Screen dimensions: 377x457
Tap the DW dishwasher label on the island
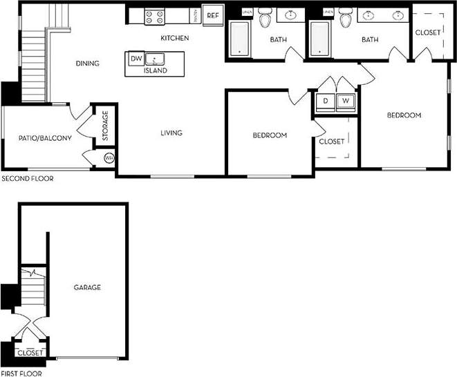pyautogui.click(x=136, y=59)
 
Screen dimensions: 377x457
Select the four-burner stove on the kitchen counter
pyautogui.click(x=153, y=17)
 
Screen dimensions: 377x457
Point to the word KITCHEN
pyautogui.click(x=175, y=38)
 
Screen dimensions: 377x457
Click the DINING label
pyautogui.click(x=88, y=64)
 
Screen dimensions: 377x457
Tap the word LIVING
pyautogui.click(x=171, y=133)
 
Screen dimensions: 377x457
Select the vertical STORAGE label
pyautogui.click(x=106, y=126)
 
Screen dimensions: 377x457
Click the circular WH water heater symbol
pyautogui.click(x=109, y=158)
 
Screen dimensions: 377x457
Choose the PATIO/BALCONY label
pyautogui.click(x=45, y=138)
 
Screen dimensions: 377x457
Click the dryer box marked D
pyautogui.click(x=326, y=101)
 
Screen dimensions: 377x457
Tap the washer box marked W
pyautogui.click(x=346, y=101)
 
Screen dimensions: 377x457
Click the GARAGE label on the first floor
pyautogui.click(x=88, y=287)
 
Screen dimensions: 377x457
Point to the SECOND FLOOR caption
pyautogui.click(x=27, y=178)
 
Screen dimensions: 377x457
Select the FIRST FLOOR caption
pyautogui.click(x=21, y=373)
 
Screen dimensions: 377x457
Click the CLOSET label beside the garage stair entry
pyautogui.click(x=30, y=352)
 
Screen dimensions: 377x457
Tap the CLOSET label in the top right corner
pyautogui.click(x=428, y=32)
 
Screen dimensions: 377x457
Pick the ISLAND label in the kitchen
pyautogui.click(x=155, y=70)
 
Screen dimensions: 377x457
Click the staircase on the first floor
pyautogui.click(x=32, y=283)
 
